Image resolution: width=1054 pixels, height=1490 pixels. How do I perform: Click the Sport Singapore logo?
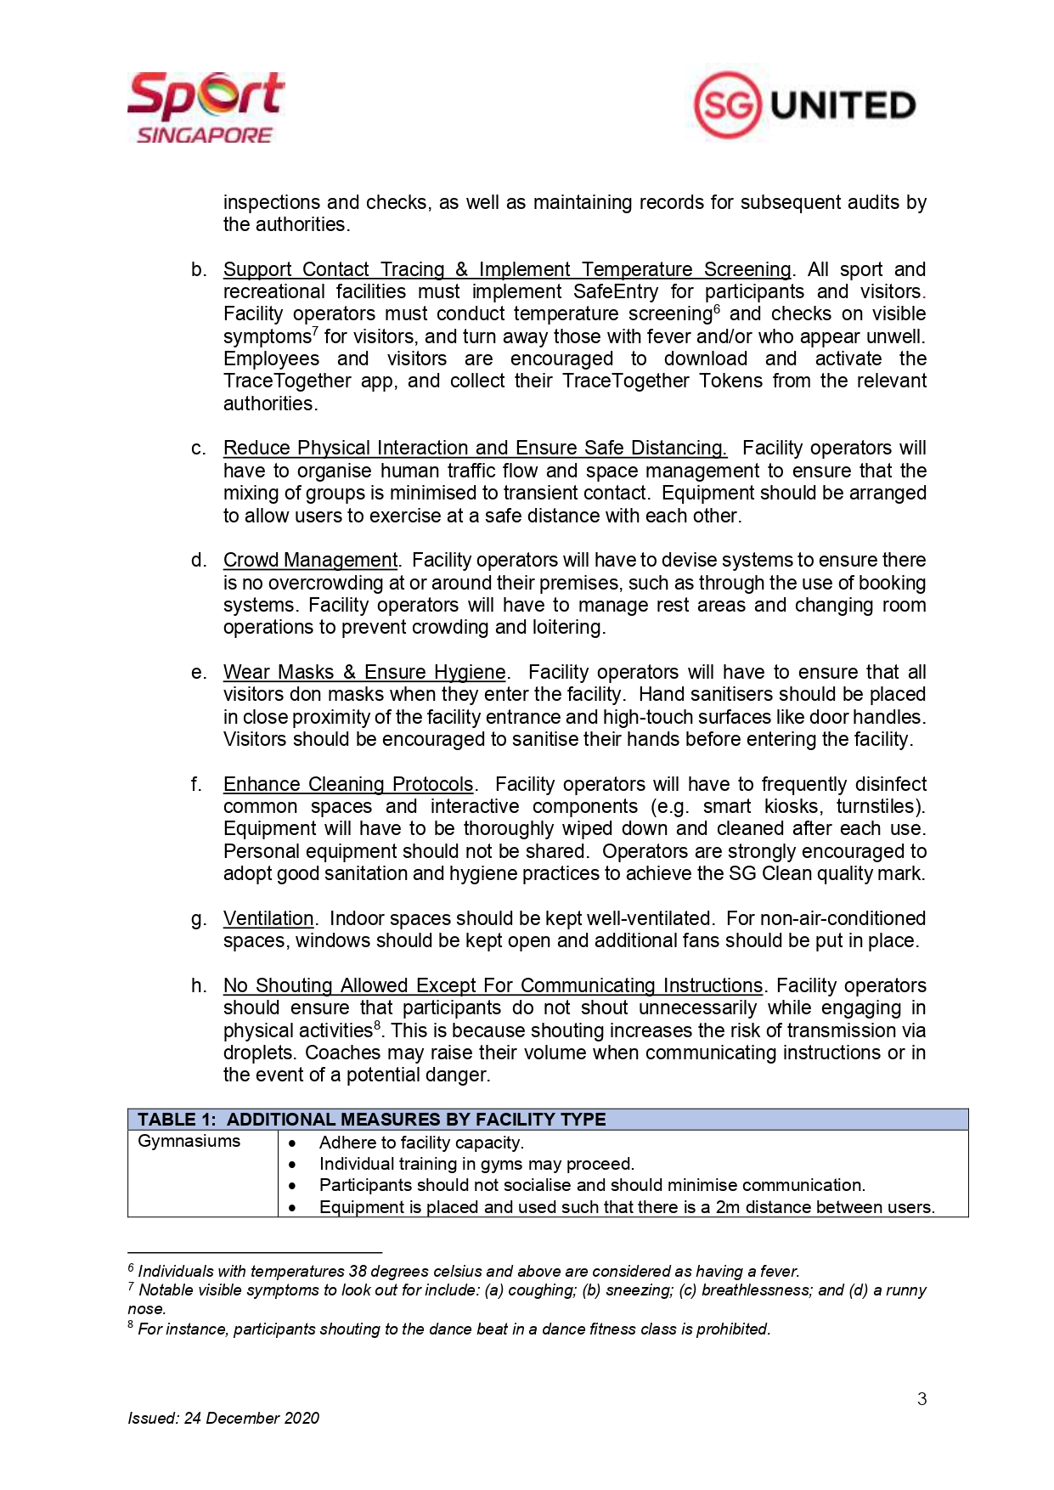pos(206,108)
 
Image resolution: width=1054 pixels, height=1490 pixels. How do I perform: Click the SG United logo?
pos(804,105)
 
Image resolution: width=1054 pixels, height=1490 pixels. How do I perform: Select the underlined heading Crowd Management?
pos(310,561)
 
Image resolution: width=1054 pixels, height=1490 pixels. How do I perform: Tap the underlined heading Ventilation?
pos(268,919)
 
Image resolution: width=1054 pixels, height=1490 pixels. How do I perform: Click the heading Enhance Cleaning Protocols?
pos(348,785)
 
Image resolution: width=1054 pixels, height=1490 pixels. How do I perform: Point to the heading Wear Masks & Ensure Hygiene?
pos(364,673)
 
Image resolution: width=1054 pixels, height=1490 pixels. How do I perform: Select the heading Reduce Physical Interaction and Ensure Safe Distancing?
pos(475,449)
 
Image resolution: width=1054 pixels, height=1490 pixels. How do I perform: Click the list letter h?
pos(199,986)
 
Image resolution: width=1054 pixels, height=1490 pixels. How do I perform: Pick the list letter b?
pos(199,270)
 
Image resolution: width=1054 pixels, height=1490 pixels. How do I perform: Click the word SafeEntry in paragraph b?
pos(615,292)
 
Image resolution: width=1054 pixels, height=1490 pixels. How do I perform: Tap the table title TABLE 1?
pos(177,1120)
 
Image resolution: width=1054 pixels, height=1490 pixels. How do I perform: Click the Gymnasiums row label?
pos(189,1142)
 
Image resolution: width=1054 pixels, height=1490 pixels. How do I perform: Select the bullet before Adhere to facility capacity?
pos(292,1143)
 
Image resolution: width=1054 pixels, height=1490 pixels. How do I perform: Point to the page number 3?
pos(922,1399)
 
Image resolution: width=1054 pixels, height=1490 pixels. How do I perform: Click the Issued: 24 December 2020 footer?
pos(223,1418)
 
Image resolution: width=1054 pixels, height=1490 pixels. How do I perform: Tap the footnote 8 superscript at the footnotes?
pos(131,1325)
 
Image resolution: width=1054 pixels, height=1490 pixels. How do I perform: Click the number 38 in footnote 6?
pos(358,1272)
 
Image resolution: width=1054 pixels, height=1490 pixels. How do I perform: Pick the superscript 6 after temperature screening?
pos(717,310)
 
